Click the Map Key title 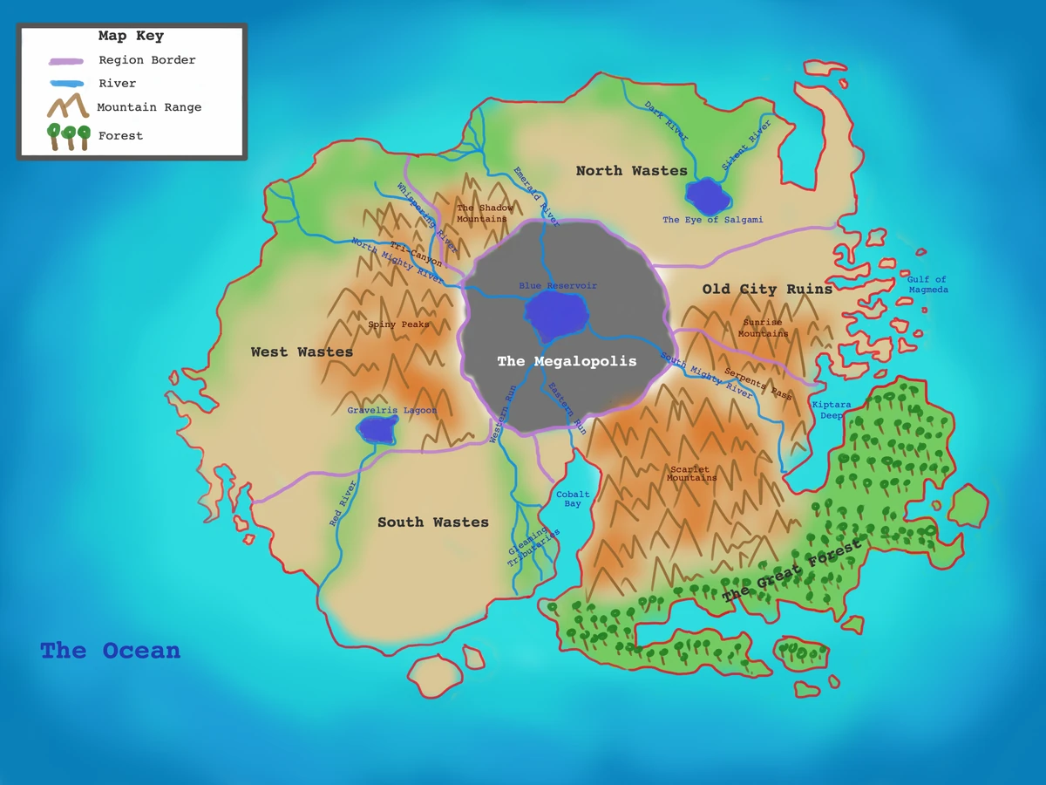tap(131, 37)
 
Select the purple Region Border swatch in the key tap(66, 61)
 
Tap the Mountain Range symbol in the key tap(68, 106)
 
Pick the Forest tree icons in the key tap(69, 136)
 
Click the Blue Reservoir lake tap(554, 315)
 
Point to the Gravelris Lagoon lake tap(377, 428)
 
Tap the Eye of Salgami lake tap(707, 197)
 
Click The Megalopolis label tap(567, 361)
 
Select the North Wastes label tap(631, 171)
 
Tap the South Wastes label tap(432, 522)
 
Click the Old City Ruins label tap(767, 290)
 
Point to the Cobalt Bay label tap(573, 499)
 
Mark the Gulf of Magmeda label tap(927, 284)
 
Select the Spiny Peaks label tap(398, 324)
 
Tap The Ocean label tap(110, 651)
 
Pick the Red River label tap(343, 504)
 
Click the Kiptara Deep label tap(831, 410)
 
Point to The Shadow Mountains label tap(485, 213)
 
